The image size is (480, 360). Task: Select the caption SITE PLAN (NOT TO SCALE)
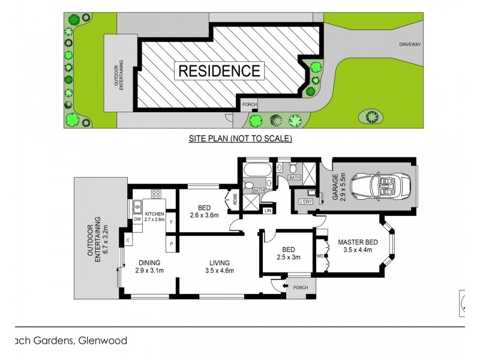click(x=241, y=139)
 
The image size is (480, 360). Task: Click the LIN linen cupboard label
click(x=267, y=211)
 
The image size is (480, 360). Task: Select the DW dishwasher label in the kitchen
click(x=137, y=220)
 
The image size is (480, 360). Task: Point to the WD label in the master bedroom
click(x=319, y=256)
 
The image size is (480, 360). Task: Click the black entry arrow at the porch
click(x=284, y=287)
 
